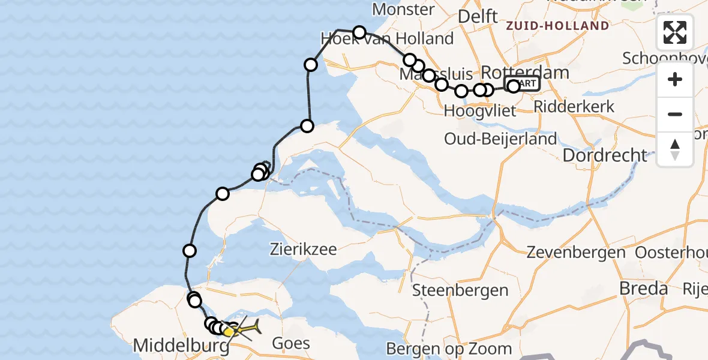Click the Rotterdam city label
click(x=524, y=73)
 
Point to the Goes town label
click(x=291, y=343)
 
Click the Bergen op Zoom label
click(x=449, y=348)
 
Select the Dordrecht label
click(x=605, y=155)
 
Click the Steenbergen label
click(x=460, y=291)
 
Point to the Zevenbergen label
click(x=575, y=252)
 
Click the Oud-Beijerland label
click(x=500, y=139)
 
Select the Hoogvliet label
click(x=473, y=111)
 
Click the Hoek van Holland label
click(x=387, y=39)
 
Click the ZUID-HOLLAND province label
click(x=557, y=26)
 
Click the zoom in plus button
click(x=675, y=79)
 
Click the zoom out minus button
click(x=675, y=114)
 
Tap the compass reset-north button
click(x=675, y=149)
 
